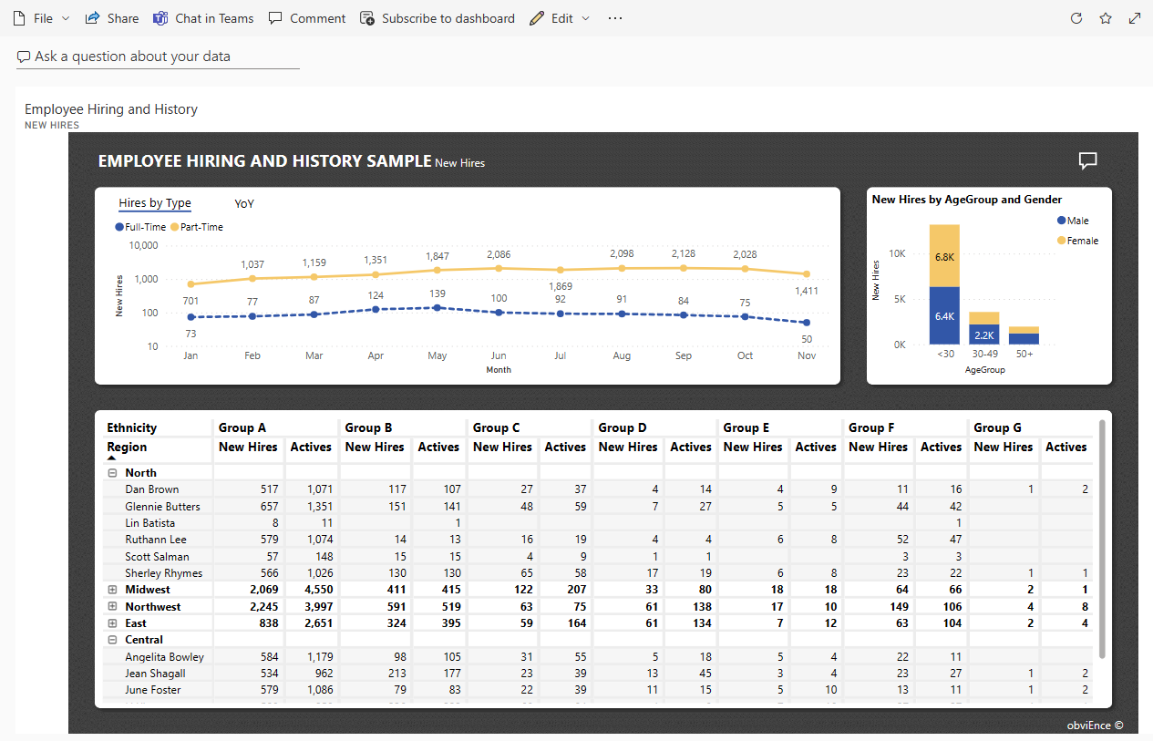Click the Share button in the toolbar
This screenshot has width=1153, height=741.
pos(112,18)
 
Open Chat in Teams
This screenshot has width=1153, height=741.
pos(203,18)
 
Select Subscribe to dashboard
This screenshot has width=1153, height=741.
pos(438,18)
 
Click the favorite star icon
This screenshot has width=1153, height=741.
pos(1106,18)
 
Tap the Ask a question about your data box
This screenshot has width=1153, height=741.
pos(158,57)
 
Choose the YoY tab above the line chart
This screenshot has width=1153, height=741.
pos(244,204)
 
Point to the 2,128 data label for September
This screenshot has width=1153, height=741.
pos(684,253)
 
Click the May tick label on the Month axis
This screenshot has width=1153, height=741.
pos(438,355)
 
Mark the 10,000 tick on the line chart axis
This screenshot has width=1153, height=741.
pos(144,245)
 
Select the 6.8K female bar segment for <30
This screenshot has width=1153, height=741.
pos(944,256)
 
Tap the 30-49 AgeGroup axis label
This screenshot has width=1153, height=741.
pos(984,354)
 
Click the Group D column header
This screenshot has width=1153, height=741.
pos(623,427)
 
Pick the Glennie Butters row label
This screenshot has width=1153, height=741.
pos(162,507)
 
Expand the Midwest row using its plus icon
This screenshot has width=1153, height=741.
pos(113,590)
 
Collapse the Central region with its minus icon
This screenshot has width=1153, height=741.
pos(113,640)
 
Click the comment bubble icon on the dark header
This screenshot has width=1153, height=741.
pos(1087,161)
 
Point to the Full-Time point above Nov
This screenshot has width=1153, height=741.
pos(807,323)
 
